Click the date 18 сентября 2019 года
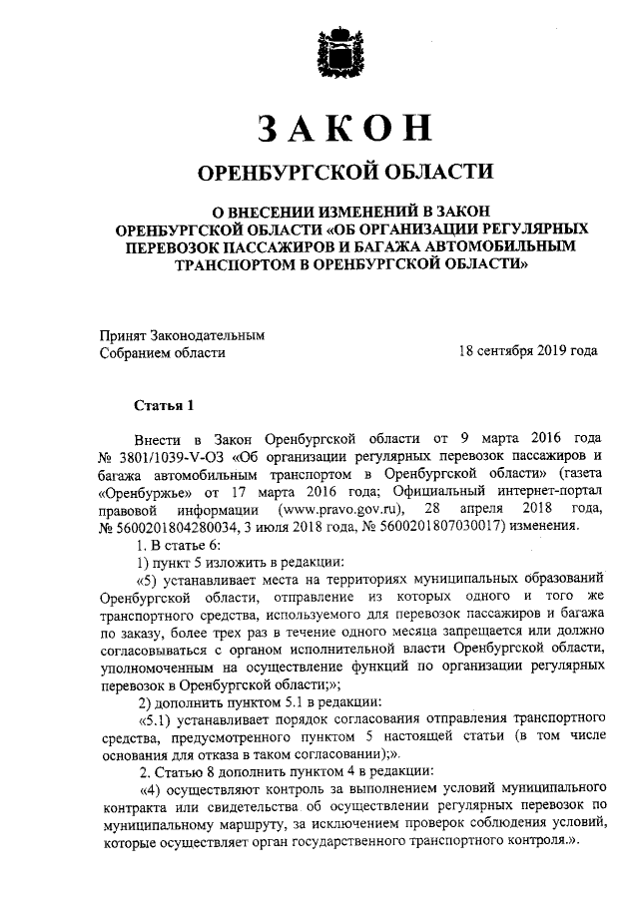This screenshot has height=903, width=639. (527, 351)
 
